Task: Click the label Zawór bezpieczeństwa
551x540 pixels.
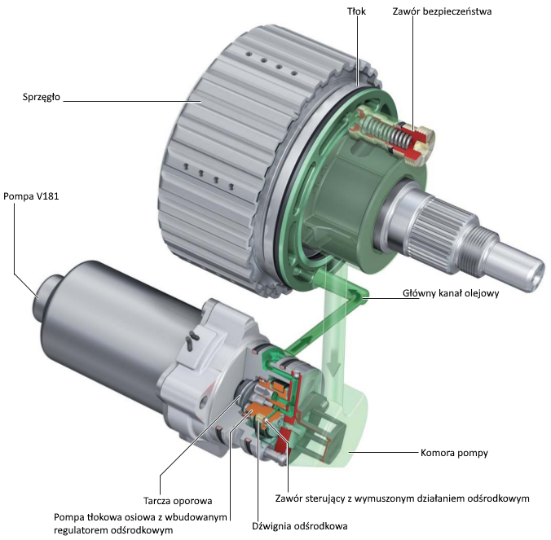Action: [x=453, y=12]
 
